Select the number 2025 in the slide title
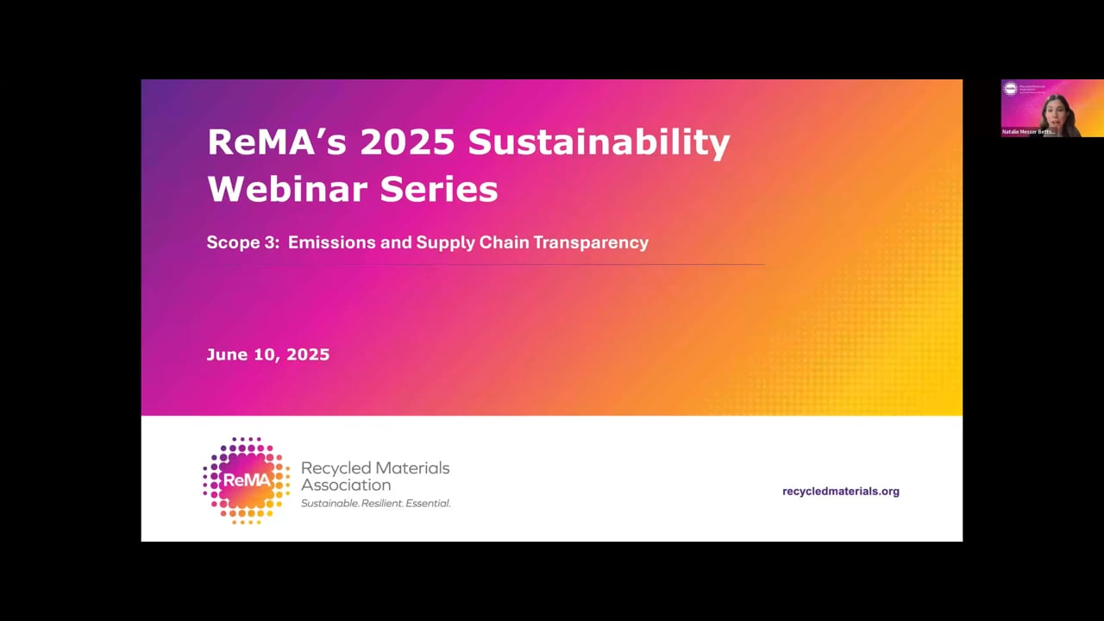(x=407, y=142)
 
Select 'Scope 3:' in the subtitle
(x=242, y=243)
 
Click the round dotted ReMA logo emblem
(x=246, y=480)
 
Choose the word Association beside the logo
(x=346, y=486)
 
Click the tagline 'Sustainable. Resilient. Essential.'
(x=375, y=503)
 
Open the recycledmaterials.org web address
(x=840, y=492)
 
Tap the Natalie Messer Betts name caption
(x=1029, y=132)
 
